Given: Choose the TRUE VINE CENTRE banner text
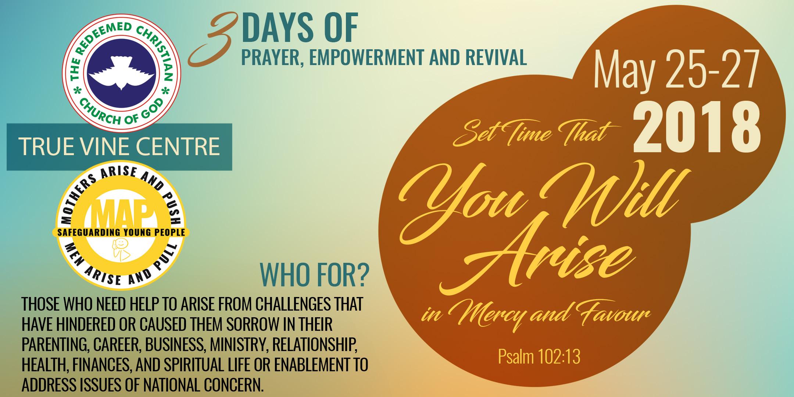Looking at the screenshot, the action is [x=119, y=146].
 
